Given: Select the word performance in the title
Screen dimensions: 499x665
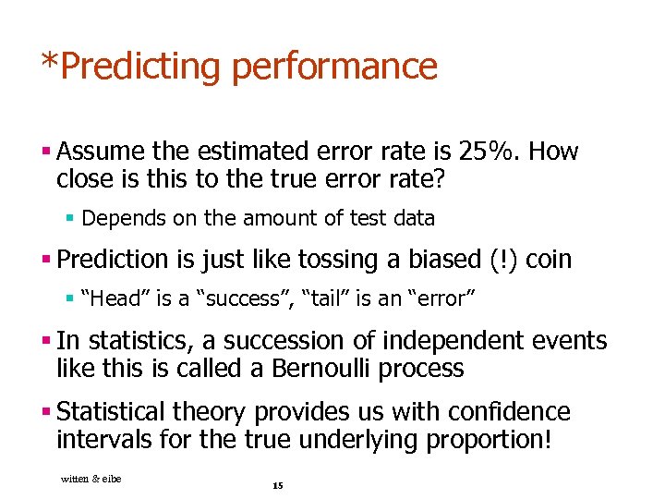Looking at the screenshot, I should [x=335, y=67].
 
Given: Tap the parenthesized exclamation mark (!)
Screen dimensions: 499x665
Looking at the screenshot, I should [x=504, y=260].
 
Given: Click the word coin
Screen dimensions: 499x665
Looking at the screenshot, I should [x=549, y=260].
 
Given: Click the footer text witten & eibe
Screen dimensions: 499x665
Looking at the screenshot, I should [x=91, y=478].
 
